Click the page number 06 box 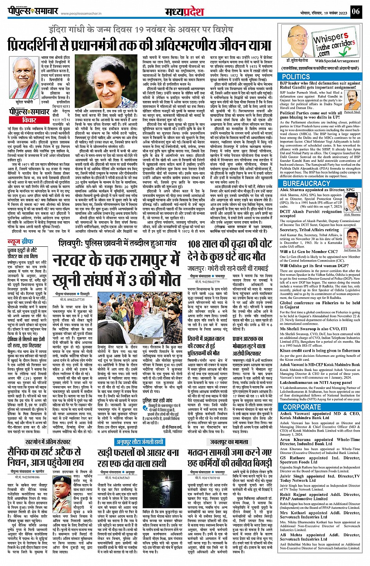click(356, 11)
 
